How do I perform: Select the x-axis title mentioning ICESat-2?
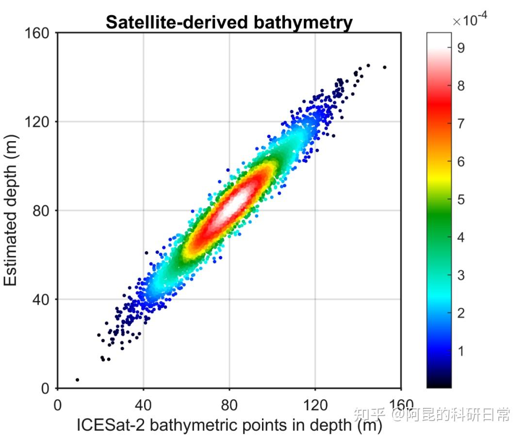click(229, 425)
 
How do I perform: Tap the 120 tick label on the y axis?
click(39, 122)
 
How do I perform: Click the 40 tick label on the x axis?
click(143, 405)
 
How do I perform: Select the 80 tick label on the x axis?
click(229, 405)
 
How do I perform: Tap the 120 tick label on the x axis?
click(315, 405)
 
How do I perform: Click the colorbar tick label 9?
click(460, 48)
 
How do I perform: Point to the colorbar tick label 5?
click(460, 199)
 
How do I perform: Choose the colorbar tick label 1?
click(460, 351)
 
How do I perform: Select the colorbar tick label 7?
click(460, 123)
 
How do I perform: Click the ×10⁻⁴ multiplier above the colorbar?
click(470, 20)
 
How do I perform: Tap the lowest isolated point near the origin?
click(77, 380)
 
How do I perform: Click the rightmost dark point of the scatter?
click(385, 67)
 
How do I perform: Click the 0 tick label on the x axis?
click(57, 405)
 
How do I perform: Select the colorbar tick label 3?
click(460, 275)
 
